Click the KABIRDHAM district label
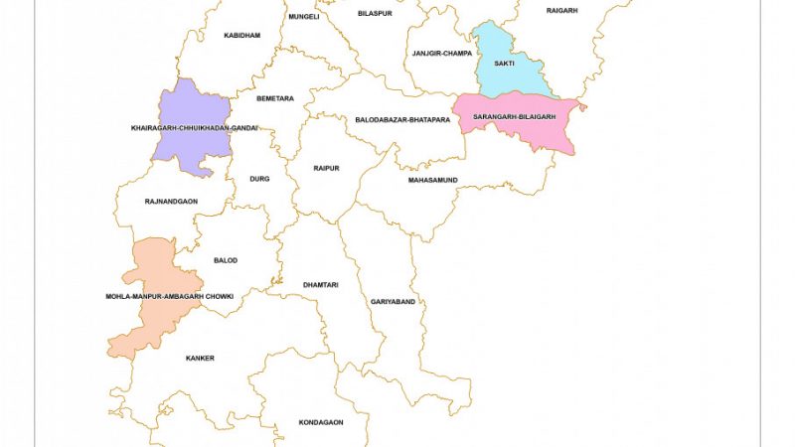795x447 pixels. [241, 36]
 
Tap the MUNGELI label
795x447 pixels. [303, 17]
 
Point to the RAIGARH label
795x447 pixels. [561, 11]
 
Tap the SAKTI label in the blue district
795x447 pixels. [504, 64]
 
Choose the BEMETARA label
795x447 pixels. [275, 98]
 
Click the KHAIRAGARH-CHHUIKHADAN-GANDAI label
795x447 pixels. [195, 128]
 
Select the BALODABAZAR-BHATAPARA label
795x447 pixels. [402, 120]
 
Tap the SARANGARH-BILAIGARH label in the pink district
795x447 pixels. [514, 117]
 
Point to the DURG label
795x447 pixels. [259, 179]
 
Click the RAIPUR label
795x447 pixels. [326, 169]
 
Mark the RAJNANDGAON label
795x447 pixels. [171, 202]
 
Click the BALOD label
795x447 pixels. [226, 260]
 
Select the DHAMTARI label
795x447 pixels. [321, 285]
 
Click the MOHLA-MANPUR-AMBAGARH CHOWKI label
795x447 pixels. [169, 297]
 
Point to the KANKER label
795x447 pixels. [200, 359]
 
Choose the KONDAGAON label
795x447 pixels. [321, 422]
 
